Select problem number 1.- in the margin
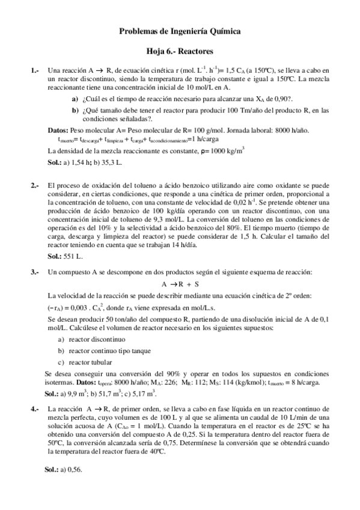(x=35, y=70)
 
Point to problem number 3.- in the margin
(x=35, y=272)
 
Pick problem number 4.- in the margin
(x=35, y=408)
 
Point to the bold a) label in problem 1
(x=75, y=99)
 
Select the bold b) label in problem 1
(x=75, y=110)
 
